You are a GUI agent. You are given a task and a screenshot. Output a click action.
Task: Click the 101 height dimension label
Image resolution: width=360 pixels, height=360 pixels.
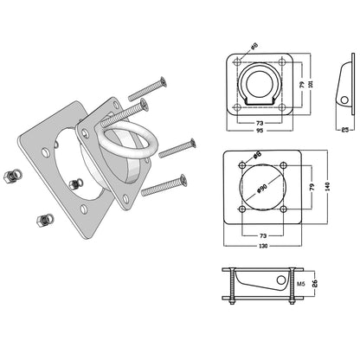click(x=311, y=84)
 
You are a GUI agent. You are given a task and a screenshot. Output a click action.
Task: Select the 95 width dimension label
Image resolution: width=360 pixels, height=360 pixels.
click(x=260, y=131)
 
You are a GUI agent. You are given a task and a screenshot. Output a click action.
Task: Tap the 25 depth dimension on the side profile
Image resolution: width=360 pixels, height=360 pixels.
click(x=344, y=130)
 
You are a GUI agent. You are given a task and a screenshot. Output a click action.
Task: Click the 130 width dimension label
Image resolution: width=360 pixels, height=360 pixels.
click(x=263, y=246)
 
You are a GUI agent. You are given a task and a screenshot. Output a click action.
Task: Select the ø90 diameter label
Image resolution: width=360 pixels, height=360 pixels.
click(x=261, y=188)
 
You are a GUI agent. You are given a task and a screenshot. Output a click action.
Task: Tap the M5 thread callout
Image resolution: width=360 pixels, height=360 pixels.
click(x=301, y=284)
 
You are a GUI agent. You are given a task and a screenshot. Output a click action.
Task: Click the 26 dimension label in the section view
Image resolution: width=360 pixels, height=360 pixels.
click(x=315, y=283)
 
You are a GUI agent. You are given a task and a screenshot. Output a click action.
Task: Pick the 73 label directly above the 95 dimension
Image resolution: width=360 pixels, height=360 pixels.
click(x=260, y=123)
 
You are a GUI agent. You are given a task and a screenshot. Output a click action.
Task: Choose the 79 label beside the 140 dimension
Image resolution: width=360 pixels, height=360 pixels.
click(x=312, y=187)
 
